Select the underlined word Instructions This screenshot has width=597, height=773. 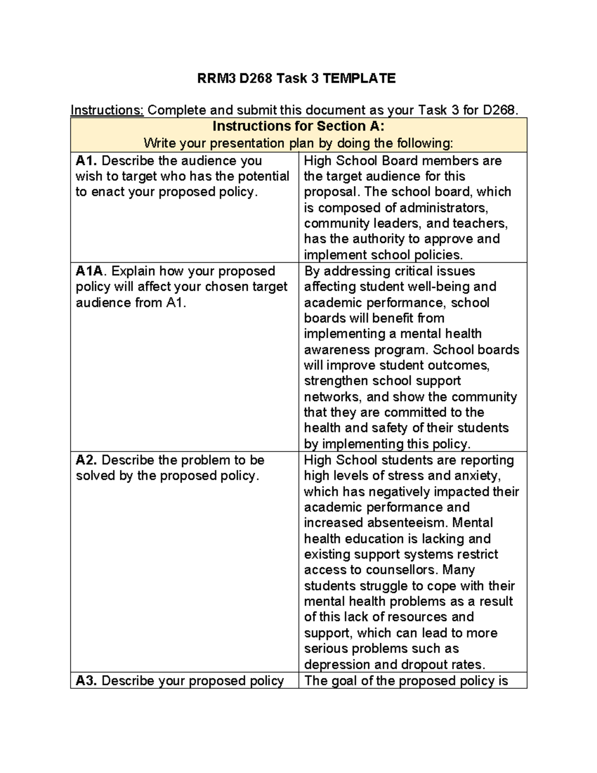[x=107, y=110]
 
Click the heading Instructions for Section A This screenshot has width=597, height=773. [x=298, y=126]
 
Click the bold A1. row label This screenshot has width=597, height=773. [x=87, y=161]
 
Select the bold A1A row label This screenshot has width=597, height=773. [x=91, y=271]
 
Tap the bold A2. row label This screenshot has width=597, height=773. [x=87, y=460]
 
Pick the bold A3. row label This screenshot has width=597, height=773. [x=87, y=680]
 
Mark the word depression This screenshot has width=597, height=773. [x=337, y=664]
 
